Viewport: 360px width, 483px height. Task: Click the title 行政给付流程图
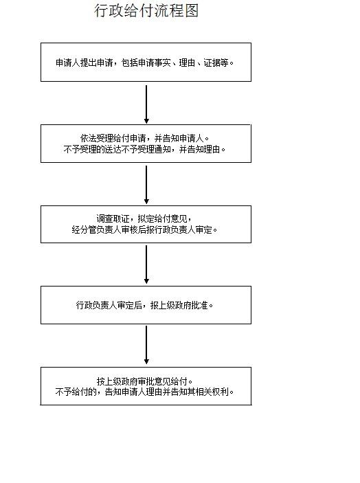pos(146,10)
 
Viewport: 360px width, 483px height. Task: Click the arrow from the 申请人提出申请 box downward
pos(146,104)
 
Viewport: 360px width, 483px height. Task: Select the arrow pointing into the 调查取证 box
pos(146,185)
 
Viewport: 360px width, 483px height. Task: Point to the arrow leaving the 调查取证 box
pos(146,265)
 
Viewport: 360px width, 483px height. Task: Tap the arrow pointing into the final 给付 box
pos(146,345)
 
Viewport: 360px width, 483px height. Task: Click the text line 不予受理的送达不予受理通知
pos(117,149)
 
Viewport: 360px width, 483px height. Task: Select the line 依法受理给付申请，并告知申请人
pos(144,138)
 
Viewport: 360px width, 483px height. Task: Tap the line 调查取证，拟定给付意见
pos(144,219)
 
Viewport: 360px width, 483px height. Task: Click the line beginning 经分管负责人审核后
pos(144,229)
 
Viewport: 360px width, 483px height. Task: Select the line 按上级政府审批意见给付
pos(144,381)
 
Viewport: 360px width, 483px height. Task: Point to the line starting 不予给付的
pos(144,392)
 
